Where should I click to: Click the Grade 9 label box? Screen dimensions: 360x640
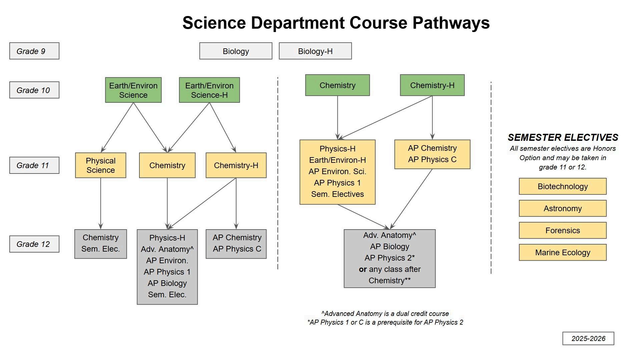coord(34,51)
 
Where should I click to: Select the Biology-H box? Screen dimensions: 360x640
coord(315,51)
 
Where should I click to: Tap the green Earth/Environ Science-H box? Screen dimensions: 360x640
coord(209,90)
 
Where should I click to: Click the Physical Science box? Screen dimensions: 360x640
coord(100,165)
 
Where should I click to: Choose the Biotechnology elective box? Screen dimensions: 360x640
coord(562,187)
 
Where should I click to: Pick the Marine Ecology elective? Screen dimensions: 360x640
coord(562,253)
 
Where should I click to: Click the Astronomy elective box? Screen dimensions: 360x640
coord(562,209)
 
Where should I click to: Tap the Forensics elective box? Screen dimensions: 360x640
coord(562,231)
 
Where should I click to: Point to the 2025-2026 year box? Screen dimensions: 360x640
coord(588,338)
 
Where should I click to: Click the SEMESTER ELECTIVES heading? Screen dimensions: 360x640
coord(563,137)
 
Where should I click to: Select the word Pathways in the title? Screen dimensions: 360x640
coord(451,23)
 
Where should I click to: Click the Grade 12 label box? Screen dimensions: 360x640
coord(34,244)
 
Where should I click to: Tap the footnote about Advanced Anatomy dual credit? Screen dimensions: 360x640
coord(385,314)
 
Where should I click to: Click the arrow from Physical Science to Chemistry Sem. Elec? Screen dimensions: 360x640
coord(100,204)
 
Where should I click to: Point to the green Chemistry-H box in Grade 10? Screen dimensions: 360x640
coord(432,85)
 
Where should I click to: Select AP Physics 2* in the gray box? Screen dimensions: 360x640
coord(390,258)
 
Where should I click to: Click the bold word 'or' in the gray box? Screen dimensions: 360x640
coord(363,269)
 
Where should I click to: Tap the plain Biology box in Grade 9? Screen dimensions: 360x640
coord(235,51)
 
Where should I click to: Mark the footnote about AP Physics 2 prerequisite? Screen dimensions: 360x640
coord(385,322)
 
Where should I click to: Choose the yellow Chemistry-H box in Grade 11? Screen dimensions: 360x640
coord(236,165)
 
